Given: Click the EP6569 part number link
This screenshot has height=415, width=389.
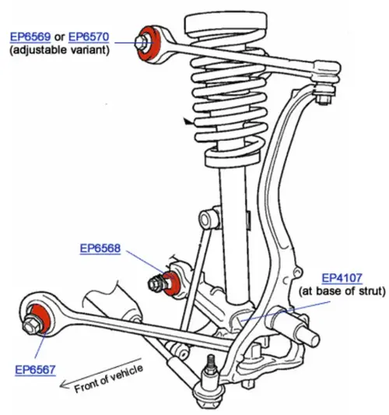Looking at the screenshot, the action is coord(30,37).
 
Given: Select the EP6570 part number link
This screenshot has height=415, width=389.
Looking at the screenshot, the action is coord(89,37).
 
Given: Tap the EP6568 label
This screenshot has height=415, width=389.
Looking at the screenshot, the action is coord(100,248).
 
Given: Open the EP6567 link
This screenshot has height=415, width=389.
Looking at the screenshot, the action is coord(36,370).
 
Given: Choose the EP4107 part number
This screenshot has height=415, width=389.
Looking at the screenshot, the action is coord(342,278).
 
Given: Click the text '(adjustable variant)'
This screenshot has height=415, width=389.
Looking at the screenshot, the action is coord(59,50).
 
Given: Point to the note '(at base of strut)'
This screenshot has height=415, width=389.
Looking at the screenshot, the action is coord(342,291).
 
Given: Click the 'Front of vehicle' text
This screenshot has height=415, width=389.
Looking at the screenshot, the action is coord(109,378).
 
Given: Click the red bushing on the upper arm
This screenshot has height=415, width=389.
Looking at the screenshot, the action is coord(150,44).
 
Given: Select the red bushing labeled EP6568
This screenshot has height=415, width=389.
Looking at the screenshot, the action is coord(172,283).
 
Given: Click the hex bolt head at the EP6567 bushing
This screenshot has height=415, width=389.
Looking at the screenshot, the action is coord(31,326).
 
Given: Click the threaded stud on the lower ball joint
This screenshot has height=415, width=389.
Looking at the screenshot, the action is coord(211,363).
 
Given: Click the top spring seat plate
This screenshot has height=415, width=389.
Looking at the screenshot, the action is coord(226,23).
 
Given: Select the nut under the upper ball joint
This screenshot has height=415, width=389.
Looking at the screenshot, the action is coord(324,100).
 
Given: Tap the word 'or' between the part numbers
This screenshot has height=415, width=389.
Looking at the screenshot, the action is coord(59,37).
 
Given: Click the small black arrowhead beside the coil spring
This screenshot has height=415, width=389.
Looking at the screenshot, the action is coord(187,121).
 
